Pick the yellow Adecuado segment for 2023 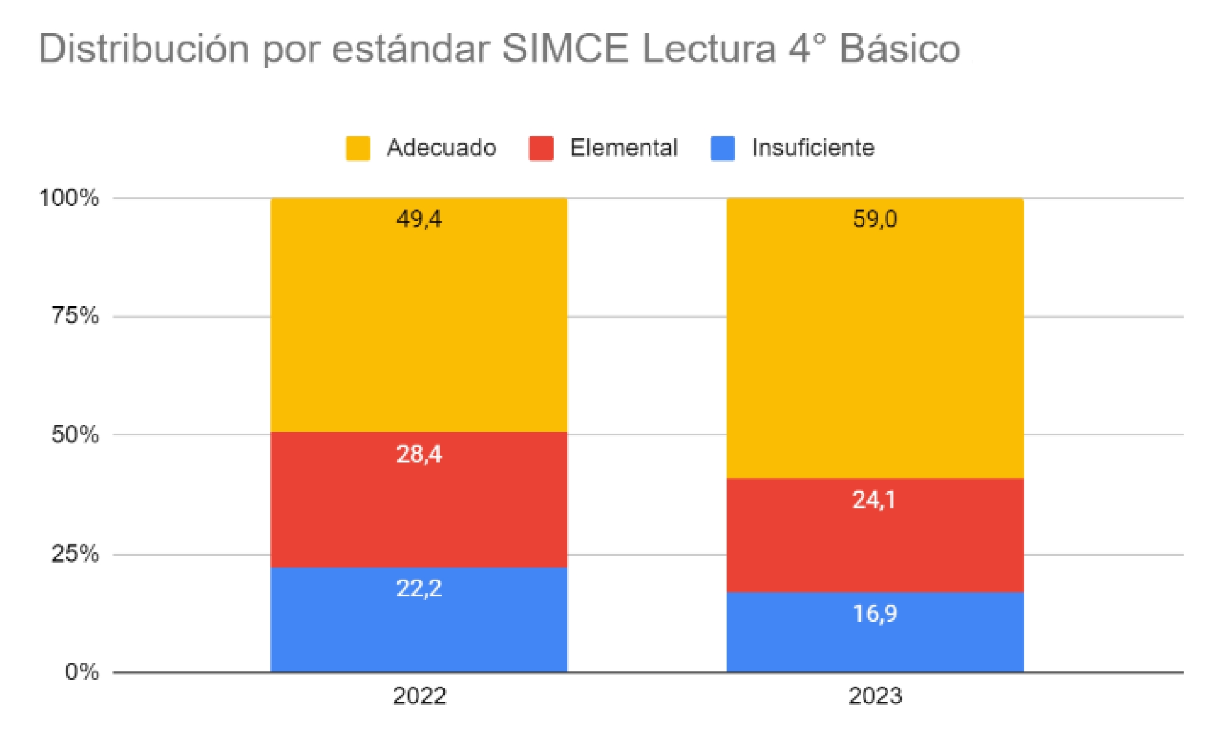point(875,348)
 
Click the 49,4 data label point(419,219)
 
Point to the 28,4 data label point(419,455)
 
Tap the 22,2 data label point(419,588)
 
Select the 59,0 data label point(875,219)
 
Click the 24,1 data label point(874,500)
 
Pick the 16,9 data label point(875,613)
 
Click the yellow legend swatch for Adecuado point(358,148)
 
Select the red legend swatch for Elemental point(541,148)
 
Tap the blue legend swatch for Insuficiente point(723,148)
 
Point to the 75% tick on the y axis point(75,316)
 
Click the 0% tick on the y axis point(82,672)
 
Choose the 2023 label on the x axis point(875,696)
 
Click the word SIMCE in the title point(565,49)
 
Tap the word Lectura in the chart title point(709,49)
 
